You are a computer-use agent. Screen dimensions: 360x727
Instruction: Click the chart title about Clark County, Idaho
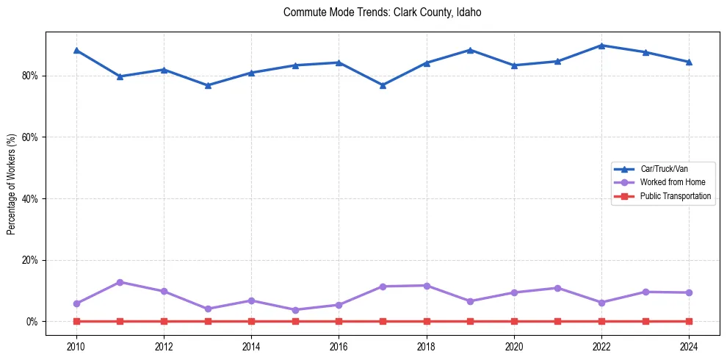point(382,12)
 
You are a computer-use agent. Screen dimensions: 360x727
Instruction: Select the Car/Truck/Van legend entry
point(663,169)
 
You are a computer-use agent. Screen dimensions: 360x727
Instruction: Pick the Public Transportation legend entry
point(675,196)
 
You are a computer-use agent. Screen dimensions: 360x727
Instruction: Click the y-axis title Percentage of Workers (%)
point(12,184)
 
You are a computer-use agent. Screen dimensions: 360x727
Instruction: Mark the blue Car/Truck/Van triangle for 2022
point(601,46)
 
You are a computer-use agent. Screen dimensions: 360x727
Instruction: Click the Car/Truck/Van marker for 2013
point(208,85)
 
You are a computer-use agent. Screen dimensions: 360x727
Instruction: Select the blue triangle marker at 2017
point(383,85)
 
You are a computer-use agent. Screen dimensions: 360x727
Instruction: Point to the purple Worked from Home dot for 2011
point(120,282)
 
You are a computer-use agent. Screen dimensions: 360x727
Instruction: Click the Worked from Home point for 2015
point(295,310)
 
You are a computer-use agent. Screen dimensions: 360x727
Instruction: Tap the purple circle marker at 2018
point(427,285)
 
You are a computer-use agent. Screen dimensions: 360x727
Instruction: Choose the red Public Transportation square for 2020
point(514,321)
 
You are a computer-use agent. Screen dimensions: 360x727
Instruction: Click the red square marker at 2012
point(164,321)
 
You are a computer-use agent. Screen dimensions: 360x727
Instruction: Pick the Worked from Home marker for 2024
point(689,292)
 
